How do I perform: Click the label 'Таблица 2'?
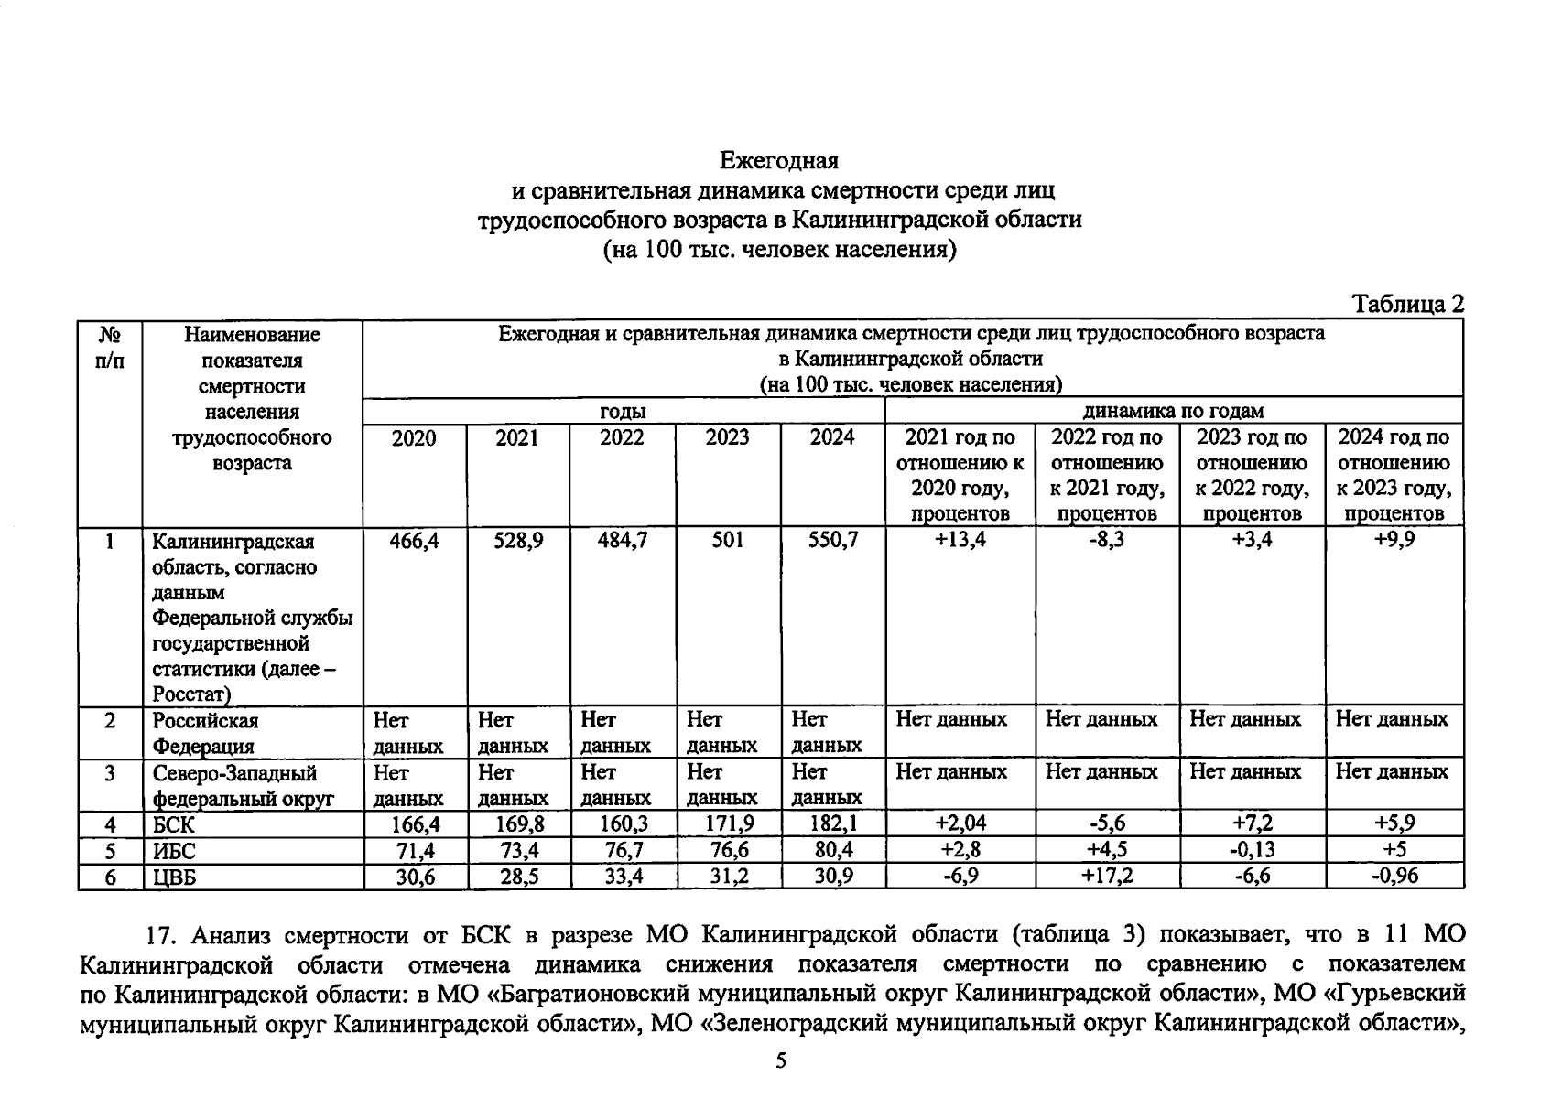tap(1407, 304)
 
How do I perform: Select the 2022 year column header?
tap(622, 437)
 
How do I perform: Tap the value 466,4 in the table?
tap(415, 541)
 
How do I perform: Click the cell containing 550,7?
tap(832, 541)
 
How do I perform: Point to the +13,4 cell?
tap(960, 540)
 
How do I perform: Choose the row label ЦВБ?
tap(175, 877)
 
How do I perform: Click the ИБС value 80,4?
tap(833, 851)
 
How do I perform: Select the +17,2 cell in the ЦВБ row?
tap(1107, 877)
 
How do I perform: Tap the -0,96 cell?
tap(1394, 877)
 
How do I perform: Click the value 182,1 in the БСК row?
tap(833, 824)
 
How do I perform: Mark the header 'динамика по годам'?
tap(1173, 411)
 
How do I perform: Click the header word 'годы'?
tap(623, 411)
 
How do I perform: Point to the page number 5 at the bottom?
tap(780, 1060)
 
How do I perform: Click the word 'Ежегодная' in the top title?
tap(778, 161)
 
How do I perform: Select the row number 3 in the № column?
tap(110, 773)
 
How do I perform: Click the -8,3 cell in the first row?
tap(1107, 540)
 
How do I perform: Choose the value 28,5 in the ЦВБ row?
tap(518, 877)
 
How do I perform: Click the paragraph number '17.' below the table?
tap(162, 935)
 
